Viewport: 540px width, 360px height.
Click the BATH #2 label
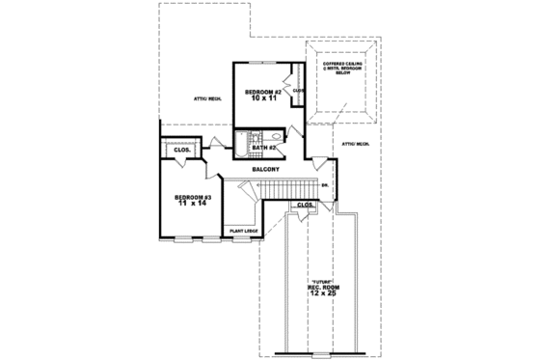(265, 147)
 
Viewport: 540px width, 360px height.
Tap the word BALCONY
(266, 169)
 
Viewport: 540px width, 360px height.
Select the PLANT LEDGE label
(242, 231)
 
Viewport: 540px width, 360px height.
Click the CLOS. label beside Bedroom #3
(181, 151)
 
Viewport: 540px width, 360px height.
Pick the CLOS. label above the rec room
(305, 206)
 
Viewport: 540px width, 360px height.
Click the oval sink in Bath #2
(275, 138)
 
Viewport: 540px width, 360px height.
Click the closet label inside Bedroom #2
(298, 91)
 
